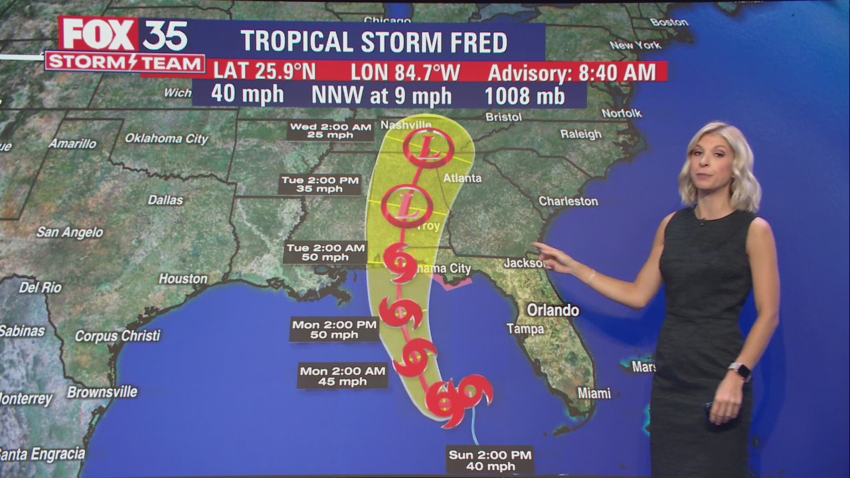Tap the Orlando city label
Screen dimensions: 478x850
click(552, 310)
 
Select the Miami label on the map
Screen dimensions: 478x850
click(594, 393)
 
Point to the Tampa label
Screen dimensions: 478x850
click(525, 329)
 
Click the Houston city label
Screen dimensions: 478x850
click(183, 279)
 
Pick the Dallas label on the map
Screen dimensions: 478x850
click(165, 200)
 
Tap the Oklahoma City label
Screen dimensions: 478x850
click(167, 139)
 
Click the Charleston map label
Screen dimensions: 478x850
click(568, 200)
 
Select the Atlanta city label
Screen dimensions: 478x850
click(462, 178)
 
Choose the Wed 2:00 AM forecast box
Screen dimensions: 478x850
click(330, 131)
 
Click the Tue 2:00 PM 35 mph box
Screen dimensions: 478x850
click(320, 184)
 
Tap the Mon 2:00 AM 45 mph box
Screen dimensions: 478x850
click(342, 376)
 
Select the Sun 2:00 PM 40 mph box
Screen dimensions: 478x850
click(491, 460)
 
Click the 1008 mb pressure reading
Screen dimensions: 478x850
click(524, 96)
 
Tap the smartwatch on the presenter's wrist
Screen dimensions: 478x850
click(739, 370)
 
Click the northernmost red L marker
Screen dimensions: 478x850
click(428, 149)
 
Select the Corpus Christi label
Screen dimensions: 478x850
click(118, 336)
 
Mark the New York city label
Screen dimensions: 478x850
click(635, 45)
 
